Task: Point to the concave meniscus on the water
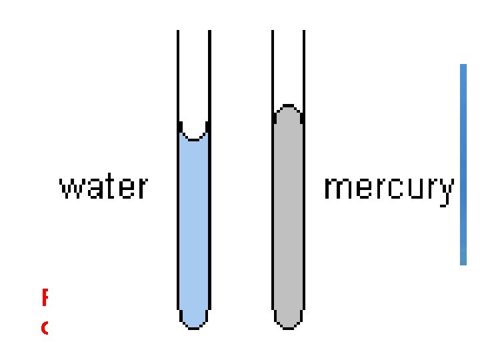pos(194,135)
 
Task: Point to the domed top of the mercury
pos(288,108)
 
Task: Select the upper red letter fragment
pos(45,297)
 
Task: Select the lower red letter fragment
pos(45,329)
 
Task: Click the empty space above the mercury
pos(288,67)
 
